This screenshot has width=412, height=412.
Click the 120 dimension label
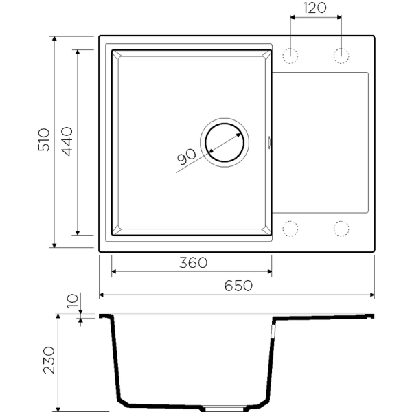pos(315,9)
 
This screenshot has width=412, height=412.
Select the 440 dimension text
pos(67,140)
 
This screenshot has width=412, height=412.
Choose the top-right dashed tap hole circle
pos(341,55)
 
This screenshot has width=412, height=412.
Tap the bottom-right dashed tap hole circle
pos(341,227)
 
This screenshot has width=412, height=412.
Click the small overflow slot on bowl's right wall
pos(269,143)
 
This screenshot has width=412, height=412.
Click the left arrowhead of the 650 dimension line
pos(102,295)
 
